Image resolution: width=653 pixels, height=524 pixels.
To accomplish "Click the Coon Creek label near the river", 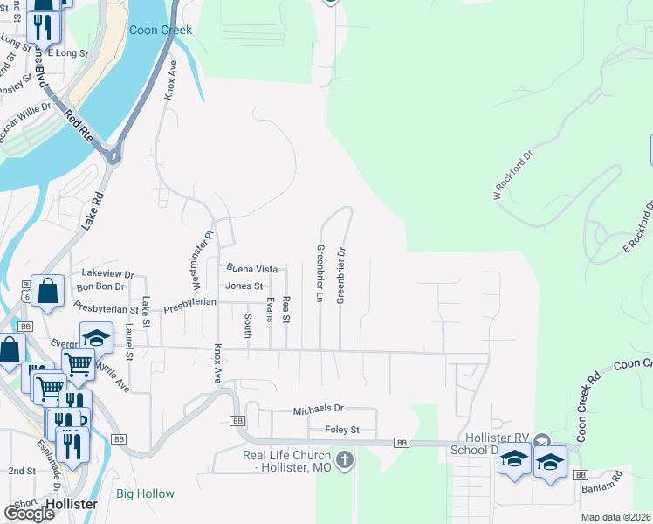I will tap(160, 30).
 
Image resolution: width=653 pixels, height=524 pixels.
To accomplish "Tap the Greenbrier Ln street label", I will tap(320, 273).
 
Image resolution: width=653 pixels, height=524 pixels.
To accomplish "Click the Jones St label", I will tap(244, 286).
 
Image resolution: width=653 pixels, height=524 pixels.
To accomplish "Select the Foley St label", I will tap(342, 430).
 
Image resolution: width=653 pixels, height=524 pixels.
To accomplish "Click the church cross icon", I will tap(345, 459).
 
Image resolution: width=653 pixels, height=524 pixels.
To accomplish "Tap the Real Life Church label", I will tap(286, 462).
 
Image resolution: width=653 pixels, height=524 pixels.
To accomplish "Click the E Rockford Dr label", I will tap(638, 229).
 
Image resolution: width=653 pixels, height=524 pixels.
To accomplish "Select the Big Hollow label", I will tap(145, 493).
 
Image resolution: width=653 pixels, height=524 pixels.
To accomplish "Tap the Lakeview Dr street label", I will tap(106, 273).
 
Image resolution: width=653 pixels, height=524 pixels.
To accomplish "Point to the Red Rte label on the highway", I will tap(78, 124).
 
